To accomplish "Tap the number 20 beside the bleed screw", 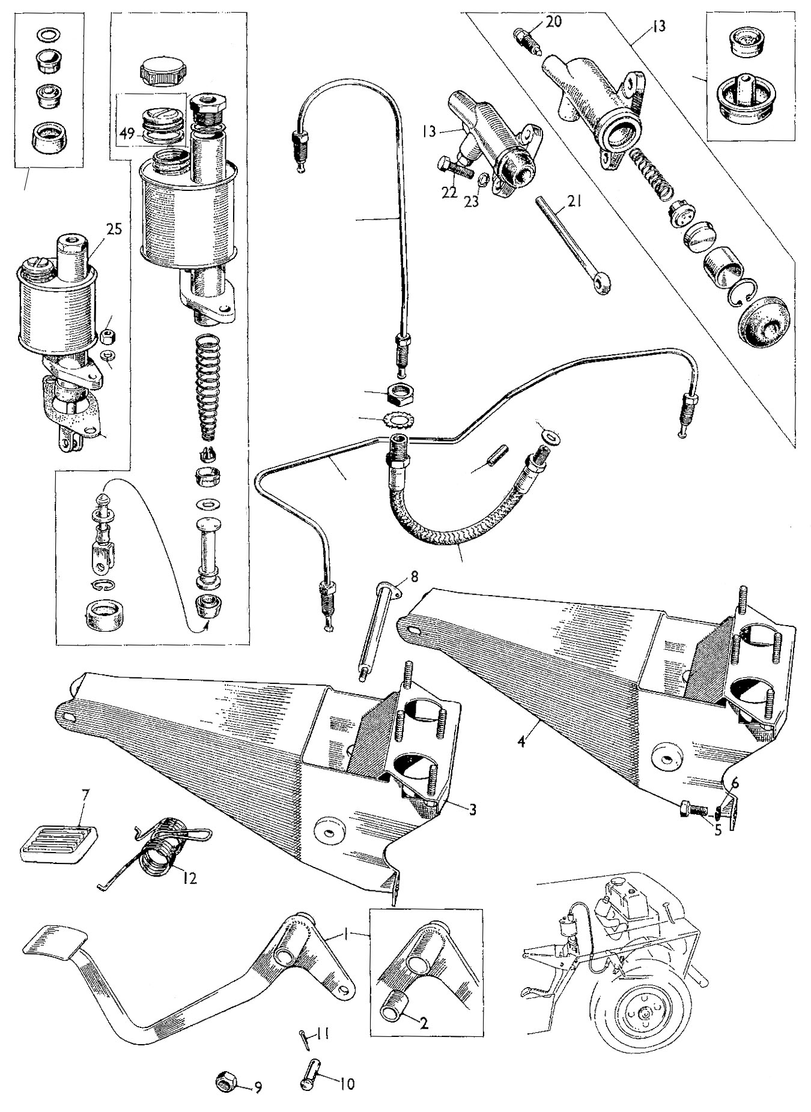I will [554, 22].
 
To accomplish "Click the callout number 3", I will [473, 810].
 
